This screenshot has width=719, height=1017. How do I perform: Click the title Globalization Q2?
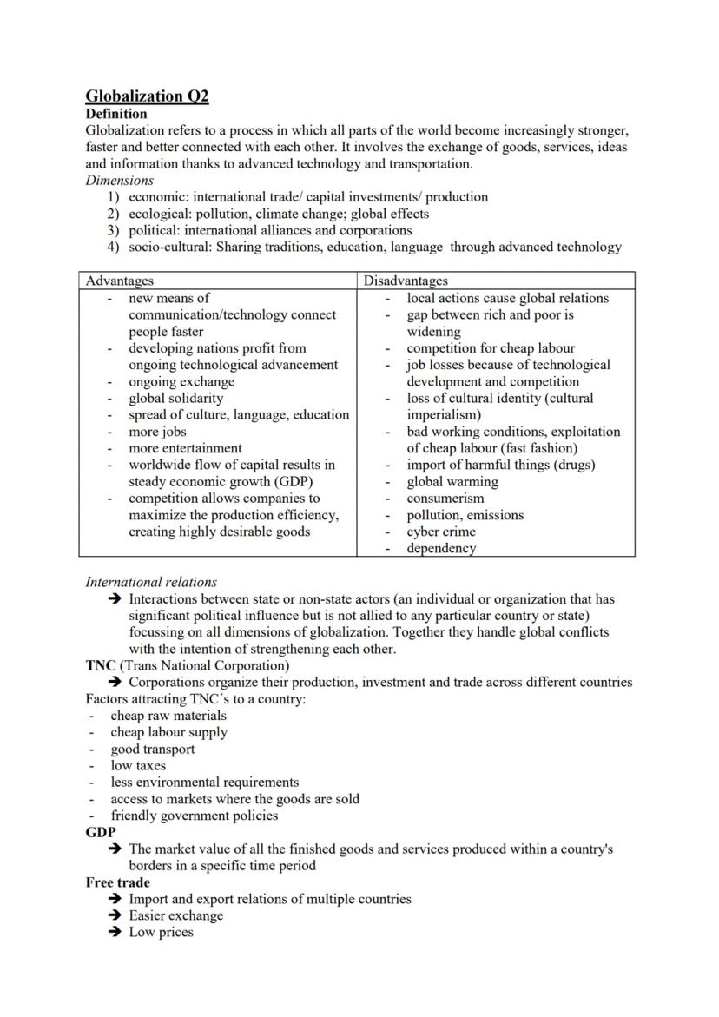[x=147, y=96]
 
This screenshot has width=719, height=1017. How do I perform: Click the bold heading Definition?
[x=116, y=114]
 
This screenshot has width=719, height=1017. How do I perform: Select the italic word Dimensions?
[x=119, y=181]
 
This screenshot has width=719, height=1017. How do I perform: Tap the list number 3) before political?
[x=113, y=230]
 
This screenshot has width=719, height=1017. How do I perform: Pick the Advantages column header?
[x=119, y=281]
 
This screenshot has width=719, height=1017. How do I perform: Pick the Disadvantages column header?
[x=406, y=281]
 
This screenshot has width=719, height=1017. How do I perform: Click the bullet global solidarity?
[x=175, y=398]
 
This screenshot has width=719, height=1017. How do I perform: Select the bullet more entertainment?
[x=185, y=448]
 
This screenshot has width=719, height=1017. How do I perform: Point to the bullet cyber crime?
[x=441, y=532]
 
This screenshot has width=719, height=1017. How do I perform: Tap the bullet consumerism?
[x=445, y=499]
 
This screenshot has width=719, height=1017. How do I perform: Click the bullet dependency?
[x=441, y=548]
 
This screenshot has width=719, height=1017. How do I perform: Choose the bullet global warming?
[x=452, y=481]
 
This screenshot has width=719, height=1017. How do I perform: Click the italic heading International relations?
[x=151, y=582]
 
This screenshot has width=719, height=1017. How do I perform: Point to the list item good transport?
[x=152, y=749]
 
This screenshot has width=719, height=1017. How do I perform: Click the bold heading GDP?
[x=101, y=832]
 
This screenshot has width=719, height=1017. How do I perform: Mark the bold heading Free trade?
[x=117, y=882]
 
